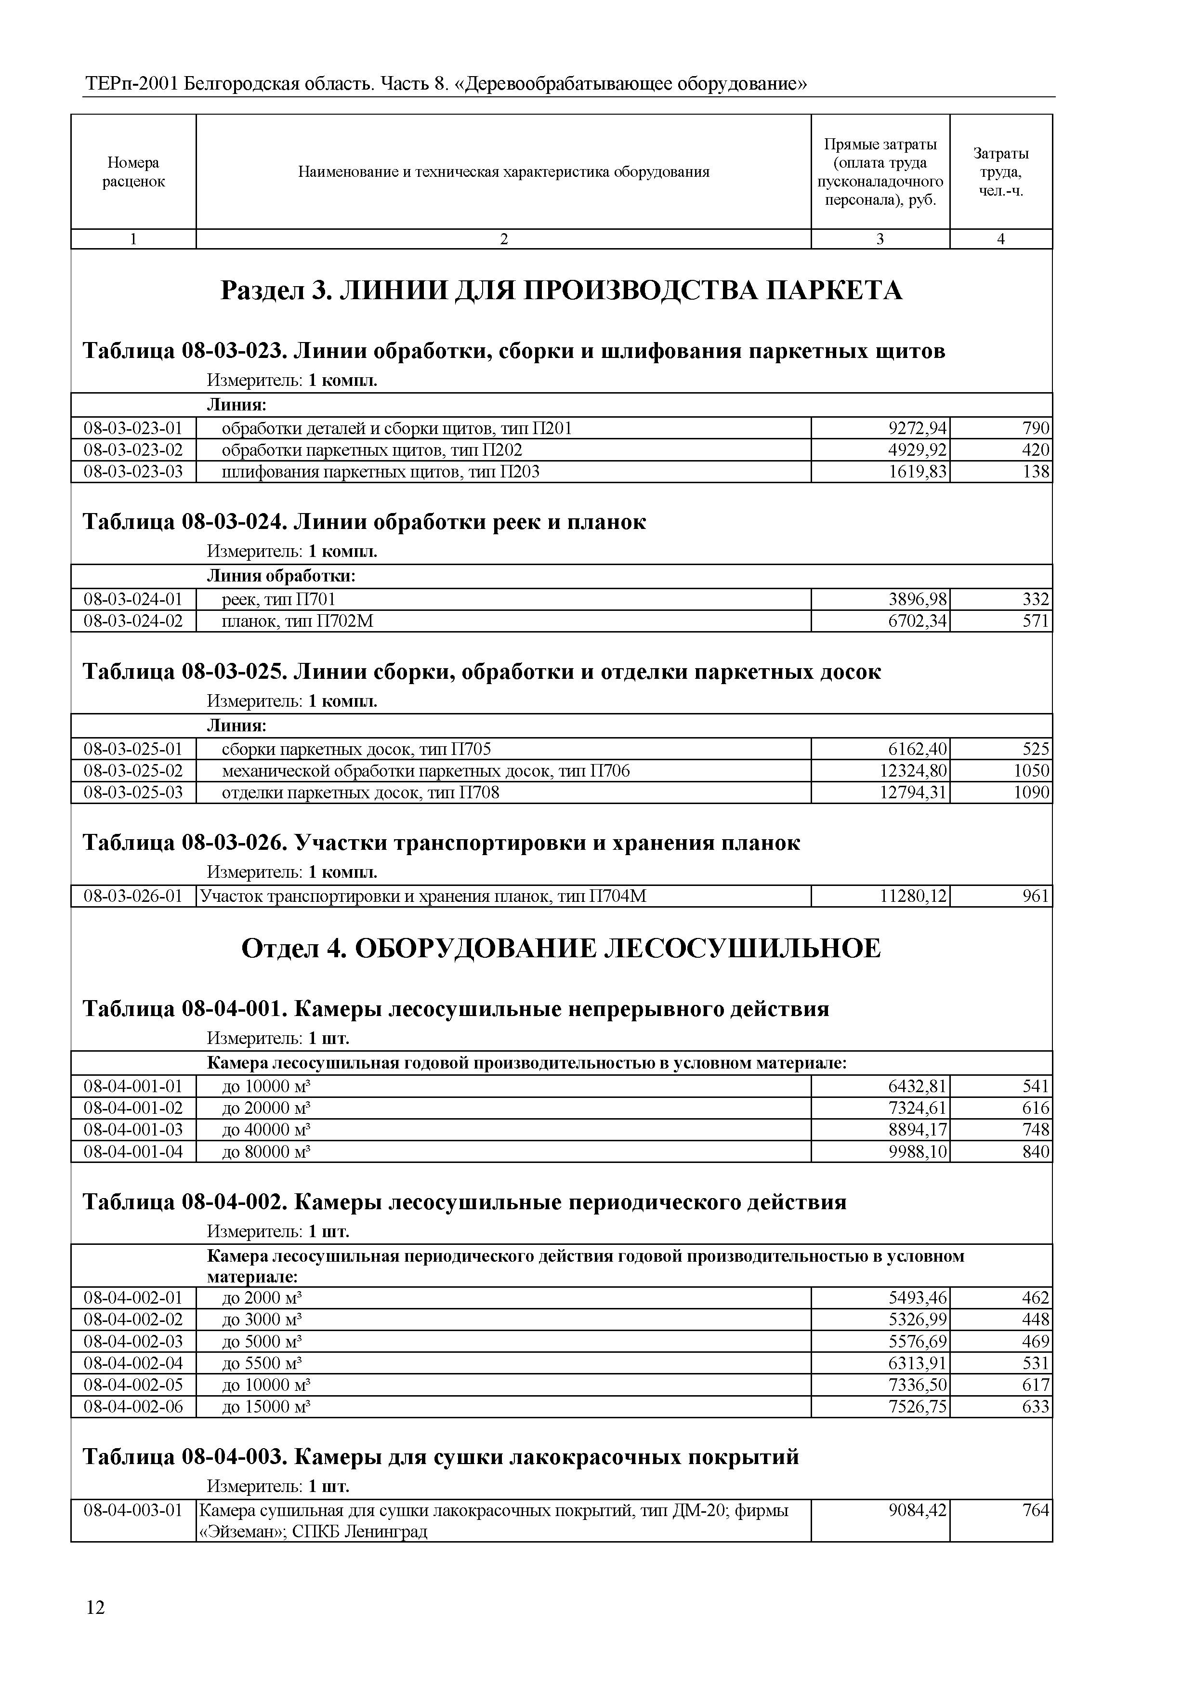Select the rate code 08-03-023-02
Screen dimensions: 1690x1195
point(133,450)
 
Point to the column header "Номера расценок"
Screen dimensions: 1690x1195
point(133,172)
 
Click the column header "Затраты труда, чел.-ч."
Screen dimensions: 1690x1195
point(1001,172)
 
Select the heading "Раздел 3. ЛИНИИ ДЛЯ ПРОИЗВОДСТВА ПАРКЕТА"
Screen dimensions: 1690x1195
point(562,291)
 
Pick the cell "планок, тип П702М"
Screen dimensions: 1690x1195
point(298,621)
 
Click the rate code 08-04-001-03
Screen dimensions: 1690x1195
point(133,1129)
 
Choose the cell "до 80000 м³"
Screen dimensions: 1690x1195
point(266,1151)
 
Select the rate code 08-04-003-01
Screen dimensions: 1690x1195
point(133,1510)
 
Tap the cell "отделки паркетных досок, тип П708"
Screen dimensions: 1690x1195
point(361,793)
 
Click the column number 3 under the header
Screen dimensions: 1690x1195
point(880,239)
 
